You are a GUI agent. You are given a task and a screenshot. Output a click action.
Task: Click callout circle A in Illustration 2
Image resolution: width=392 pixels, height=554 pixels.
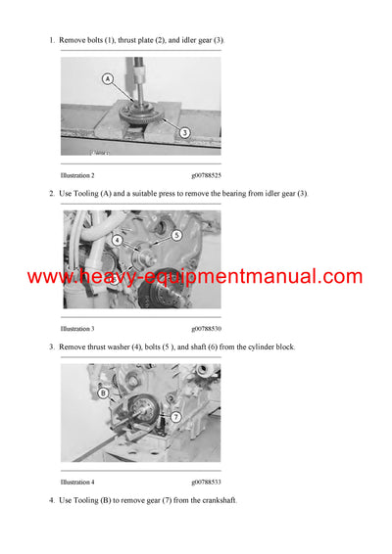click(107, 78)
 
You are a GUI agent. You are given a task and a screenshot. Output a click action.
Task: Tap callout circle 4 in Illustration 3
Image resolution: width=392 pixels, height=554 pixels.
click(117, 240)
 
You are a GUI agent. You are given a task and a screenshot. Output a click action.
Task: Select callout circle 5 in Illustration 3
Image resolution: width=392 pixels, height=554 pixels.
click(176, 235)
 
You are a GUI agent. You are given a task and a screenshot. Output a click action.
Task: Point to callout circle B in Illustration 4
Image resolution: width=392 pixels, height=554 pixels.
click(103, 393)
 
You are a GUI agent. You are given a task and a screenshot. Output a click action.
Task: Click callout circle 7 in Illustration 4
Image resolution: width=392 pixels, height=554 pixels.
click(175, 417)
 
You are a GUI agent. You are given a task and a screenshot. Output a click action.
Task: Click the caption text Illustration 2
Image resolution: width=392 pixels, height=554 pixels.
click(77, 175)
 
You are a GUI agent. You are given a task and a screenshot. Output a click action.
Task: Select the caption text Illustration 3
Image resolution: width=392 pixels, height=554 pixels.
click(77, 329)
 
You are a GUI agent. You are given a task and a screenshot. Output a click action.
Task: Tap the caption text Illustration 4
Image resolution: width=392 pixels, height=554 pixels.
click(77, 482)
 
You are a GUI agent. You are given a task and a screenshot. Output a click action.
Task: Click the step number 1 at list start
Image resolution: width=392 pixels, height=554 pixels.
click(51, 40)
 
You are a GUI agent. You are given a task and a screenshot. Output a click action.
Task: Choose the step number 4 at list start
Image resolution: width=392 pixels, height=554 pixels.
click(51, 500)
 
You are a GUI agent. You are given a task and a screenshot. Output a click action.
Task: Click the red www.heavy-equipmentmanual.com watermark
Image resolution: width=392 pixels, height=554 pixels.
click(195, 277)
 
